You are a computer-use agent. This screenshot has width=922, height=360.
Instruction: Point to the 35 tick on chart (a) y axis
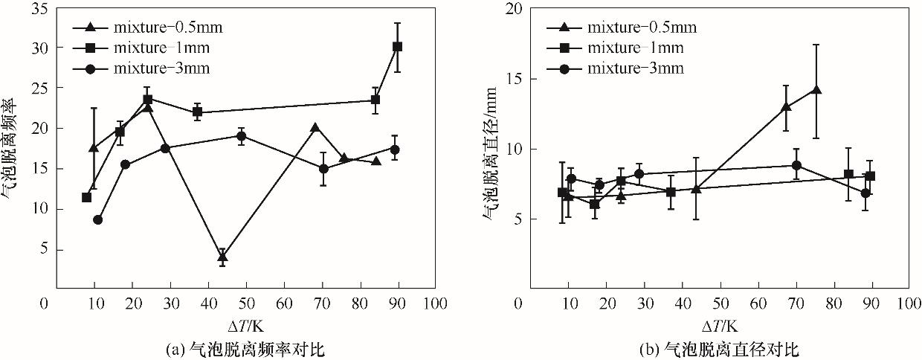point(37,8)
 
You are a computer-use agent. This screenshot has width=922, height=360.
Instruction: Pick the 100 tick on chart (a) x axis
point(436,303)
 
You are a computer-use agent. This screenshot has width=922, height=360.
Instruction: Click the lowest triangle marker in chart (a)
point(222,257)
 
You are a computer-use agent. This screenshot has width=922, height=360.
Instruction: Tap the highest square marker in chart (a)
point(397,46)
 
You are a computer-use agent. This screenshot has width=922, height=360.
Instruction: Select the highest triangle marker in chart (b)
point(816,90)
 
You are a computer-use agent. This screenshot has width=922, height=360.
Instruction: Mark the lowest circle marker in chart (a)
point(97,219)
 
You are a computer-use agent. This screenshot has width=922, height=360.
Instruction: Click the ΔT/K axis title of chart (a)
point(246,325)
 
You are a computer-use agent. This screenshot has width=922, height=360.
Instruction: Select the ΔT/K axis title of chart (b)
point(720,325)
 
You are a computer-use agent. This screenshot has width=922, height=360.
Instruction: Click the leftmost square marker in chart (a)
point(86,197)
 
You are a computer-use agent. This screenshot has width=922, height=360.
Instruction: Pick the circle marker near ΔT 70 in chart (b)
point(796,165)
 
